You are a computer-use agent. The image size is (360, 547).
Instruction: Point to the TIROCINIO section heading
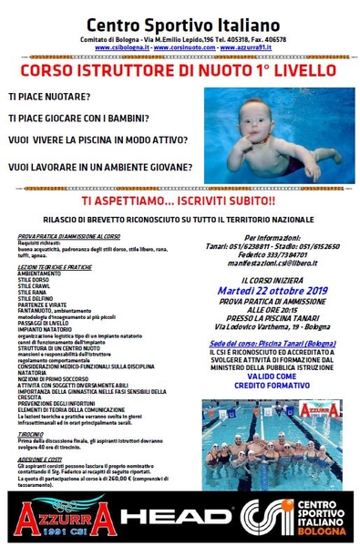coord(36,435)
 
